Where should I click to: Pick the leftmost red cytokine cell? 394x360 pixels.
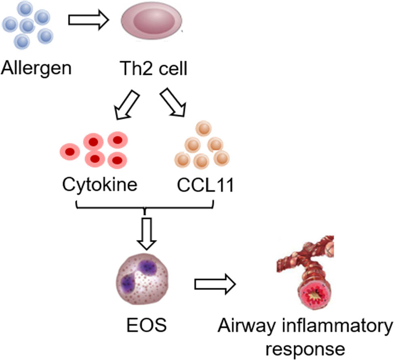click(x=70, y=152)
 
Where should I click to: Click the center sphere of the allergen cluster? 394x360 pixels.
click(x=27, y=26)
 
